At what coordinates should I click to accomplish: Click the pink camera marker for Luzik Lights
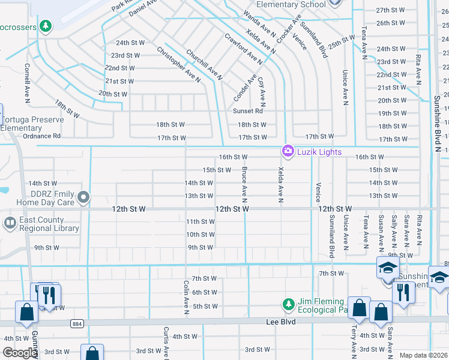pyautogui.click(x=288, y=151)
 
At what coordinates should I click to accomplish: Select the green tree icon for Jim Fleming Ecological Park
pyautogui.click(x=289, y=304)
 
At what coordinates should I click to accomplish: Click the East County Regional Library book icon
pyautogui.click(x=10, y=224)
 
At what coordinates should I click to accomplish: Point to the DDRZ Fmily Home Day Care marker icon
pyautogui.click(x=84, y=197)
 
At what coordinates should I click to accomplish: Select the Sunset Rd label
pyautogui.click(x=247, y=111)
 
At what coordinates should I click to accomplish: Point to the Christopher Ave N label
pyautogui.click(x=178, y=65)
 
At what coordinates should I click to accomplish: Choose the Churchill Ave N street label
pyautogui.click(x=204, y=65)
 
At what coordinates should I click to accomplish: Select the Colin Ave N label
pyautogui.click(x=187, y=296)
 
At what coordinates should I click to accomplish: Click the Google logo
pyautogui.click(x=20, y=353)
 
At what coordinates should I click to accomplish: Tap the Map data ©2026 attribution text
pyautogui.click(x=423, y=356)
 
